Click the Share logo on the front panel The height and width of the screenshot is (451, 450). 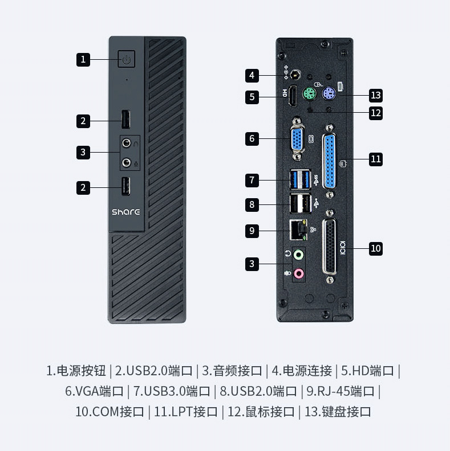coord(125,212)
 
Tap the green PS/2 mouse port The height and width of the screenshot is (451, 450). coord(310,95)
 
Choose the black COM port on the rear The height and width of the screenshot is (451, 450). coord(330,248)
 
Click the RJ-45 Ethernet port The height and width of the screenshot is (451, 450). coord(297,230)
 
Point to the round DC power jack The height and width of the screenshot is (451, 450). coord(296,75)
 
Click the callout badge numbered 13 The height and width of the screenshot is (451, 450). coord(375,95)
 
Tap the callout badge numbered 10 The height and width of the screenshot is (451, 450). coord(375,248)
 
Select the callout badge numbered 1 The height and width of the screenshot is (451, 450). coord(83,59)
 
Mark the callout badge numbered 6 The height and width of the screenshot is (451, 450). coord(253,138)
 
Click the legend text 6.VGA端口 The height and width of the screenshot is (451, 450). coord(94,391)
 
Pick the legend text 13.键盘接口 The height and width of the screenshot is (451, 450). coord(338,411)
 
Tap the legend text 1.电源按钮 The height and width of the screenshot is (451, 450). coord(76,371)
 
